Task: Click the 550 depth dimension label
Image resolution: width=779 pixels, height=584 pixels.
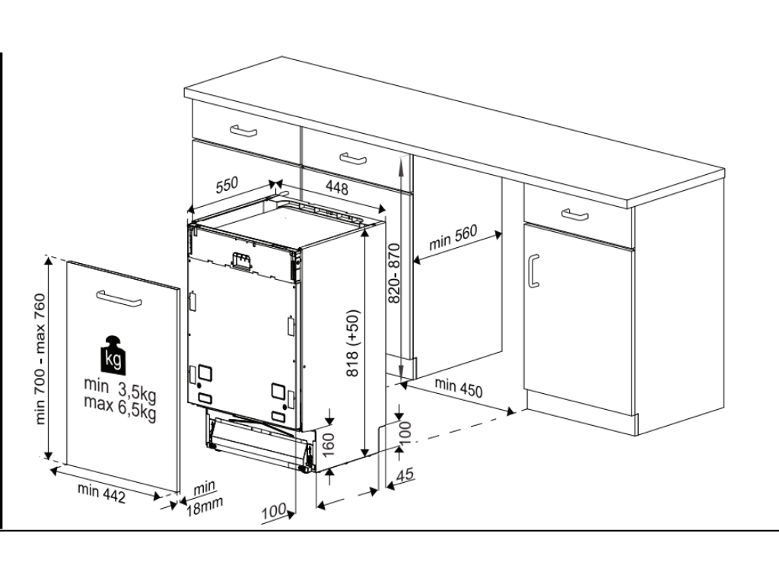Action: click(227, 185)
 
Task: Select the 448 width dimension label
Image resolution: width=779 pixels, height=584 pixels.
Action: click(337, 187)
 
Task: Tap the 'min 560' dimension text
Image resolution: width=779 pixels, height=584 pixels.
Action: click(453, 237)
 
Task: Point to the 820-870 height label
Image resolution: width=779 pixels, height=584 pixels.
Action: click(394, 273)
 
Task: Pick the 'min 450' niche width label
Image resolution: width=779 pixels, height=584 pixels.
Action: click(458, 387)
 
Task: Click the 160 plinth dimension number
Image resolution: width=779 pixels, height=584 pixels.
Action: click(329, 443)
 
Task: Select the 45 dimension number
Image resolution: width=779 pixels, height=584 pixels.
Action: click(405, 474)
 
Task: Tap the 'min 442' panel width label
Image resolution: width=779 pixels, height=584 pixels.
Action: click(101, 493)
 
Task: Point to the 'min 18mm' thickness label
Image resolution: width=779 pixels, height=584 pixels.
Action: click(204, 498)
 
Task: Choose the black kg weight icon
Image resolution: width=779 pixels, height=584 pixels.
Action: click(114, 354)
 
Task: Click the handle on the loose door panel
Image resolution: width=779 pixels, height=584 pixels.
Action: click(119, 298)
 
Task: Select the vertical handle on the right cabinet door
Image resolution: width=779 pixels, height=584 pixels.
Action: click(533, 271)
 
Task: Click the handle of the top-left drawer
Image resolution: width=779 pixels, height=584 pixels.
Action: click(243, 131)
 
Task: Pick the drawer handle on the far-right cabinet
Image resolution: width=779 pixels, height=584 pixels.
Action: click(575, 214)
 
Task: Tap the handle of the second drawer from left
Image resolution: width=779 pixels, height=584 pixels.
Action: click(353, 159)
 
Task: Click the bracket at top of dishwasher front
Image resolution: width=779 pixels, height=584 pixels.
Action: click(241, 261)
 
